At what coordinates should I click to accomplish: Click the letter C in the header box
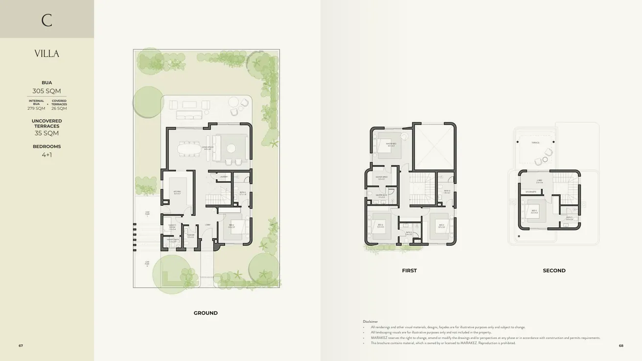coord(46,20)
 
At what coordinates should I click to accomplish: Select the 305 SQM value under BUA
coord(46,91)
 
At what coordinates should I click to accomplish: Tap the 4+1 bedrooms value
coord(46,155)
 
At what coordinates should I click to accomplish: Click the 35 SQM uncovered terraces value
coord(46,133)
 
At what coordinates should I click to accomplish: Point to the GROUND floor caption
coord(206,313)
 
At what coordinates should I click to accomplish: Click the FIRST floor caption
coord(409,270)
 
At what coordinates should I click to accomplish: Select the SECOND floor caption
coord(554,270)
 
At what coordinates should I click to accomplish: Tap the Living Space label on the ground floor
coord(208,147)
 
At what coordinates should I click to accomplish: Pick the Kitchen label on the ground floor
coord(177,193)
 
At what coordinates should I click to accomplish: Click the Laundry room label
coord(224,176)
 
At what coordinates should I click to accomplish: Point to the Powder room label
coord(190,236)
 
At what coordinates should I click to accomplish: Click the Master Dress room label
coord(382,178)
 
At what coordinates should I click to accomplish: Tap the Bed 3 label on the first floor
coord(441,226)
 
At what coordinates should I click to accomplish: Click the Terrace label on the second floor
coord(536,143)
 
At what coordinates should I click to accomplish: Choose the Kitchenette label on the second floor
coord(531,192)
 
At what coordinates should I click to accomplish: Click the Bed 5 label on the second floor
coord(534,212)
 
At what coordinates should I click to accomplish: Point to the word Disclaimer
coord(370,321)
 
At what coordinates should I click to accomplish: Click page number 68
coord(621,345)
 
